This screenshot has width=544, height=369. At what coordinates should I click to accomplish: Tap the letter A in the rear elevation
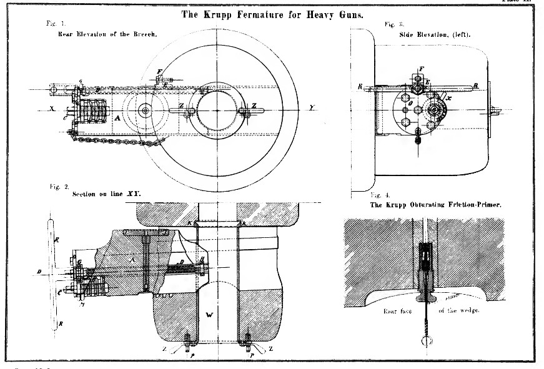(117, 117)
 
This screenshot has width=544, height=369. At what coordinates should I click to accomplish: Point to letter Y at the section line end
(311, 108)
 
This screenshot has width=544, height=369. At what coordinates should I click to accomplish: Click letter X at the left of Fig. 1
(51, 108)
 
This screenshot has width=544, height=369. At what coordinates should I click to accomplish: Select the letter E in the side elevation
(427, 82)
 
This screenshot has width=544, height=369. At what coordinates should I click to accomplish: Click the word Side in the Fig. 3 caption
(407, 35)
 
